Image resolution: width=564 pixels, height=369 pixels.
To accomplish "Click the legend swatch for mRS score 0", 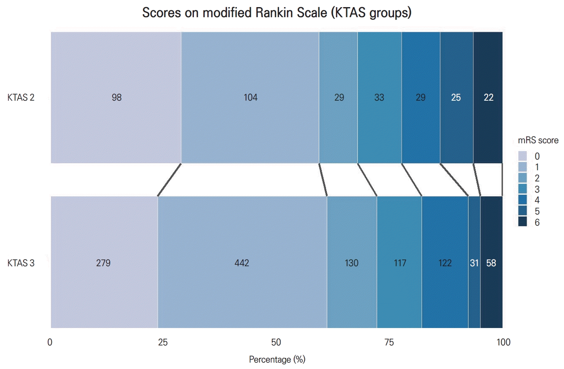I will (x=523, y=156).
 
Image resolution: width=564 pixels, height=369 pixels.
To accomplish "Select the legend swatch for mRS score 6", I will (x=523, y=222).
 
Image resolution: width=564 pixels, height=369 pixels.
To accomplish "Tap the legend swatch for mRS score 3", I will (x=523, y=189).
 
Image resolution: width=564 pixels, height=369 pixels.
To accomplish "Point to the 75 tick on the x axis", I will (x=389, y=342).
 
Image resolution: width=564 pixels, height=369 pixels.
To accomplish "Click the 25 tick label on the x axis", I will (x=163, y=342).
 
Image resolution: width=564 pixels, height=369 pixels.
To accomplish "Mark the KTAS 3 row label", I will (x=21, y=263).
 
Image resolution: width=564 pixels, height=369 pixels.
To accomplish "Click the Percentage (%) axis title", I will (x=277, y=359).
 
